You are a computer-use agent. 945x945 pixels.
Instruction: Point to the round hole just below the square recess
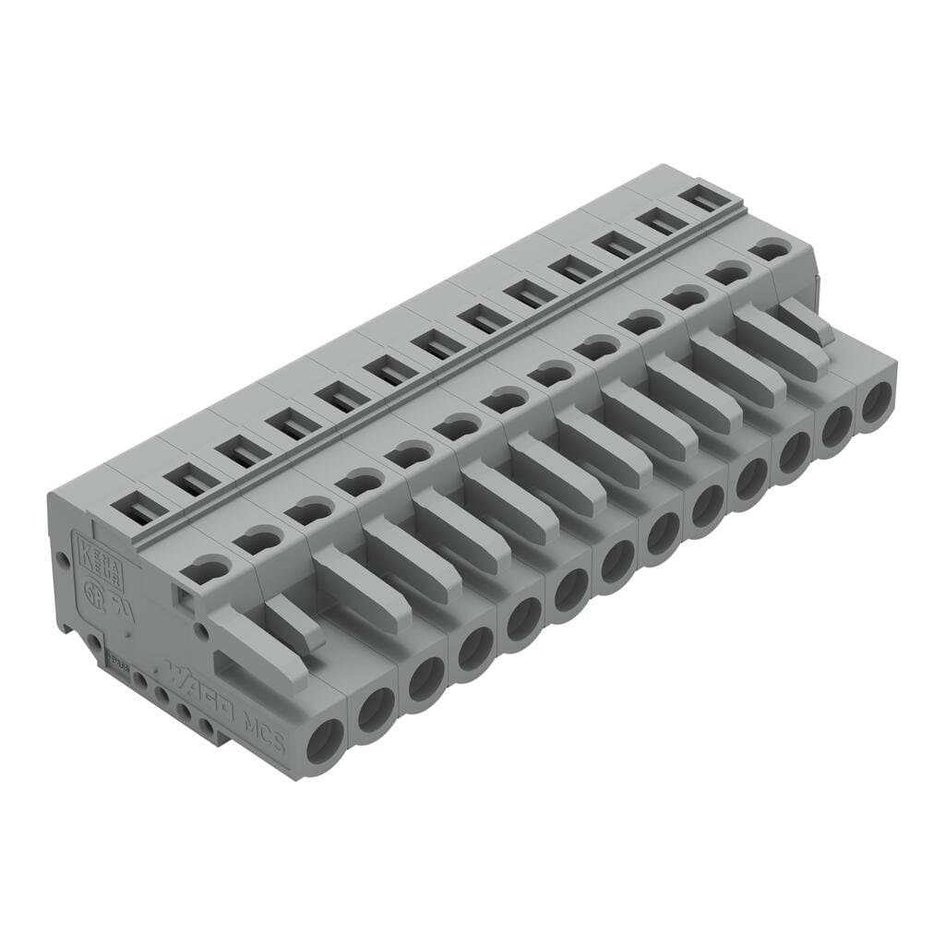(x=200, y=632)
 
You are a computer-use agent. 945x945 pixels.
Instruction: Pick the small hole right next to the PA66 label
(x=139, y=680)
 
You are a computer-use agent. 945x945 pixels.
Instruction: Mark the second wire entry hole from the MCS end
(x=377, y=710)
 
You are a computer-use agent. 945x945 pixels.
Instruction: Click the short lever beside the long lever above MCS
(x=295, y=624)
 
